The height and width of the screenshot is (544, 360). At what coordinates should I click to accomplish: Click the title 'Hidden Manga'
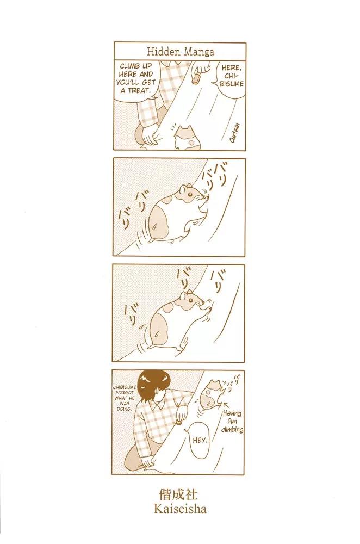pyautogui.click(x=181, y=52)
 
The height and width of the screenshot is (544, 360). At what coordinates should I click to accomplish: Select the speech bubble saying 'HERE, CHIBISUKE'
pyautogui.click(x=231, y=76)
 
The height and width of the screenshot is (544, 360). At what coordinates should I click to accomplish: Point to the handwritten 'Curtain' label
pyautogui.click(x=235, y=133)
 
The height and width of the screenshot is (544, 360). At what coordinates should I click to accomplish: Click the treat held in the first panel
pyautogui.click(x=196, y=78)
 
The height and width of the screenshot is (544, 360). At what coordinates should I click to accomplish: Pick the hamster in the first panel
pyautogui.click(x=188, y=138)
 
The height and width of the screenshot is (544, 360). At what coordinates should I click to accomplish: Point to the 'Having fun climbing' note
pyautogui.click(x=233, y=421)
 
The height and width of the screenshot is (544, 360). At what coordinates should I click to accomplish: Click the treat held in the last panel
pyautogui.click(x=178, y=423)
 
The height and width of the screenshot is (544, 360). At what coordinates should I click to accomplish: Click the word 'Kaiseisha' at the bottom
pyautogui.click(x=180, y=509)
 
